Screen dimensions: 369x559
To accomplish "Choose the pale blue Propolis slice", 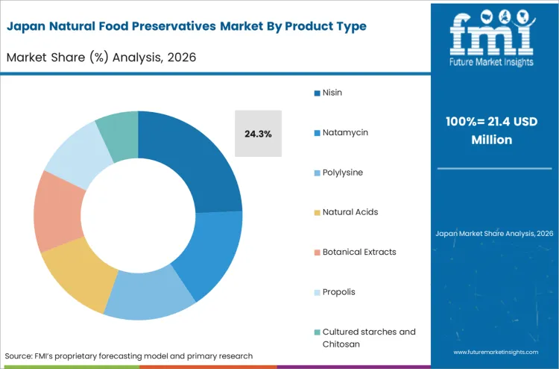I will (x=75, y=149).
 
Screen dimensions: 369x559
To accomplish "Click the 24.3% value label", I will (x=258, y=134).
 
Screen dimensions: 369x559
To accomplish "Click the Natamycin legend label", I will (x=345, y=132).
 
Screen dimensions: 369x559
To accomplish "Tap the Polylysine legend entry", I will (x=343, y=172).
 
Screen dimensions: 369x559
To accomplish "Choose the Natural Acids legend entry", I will (x=350, y=212).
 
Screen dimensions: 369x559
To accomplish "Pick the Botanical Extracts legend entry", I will (x=359, y=252).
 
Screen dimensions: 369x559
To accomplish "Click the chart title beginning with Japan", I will (x=186, y=26).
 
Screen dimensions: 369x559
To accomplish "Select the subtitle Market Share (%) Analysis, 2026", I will (x=101, y=57).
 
